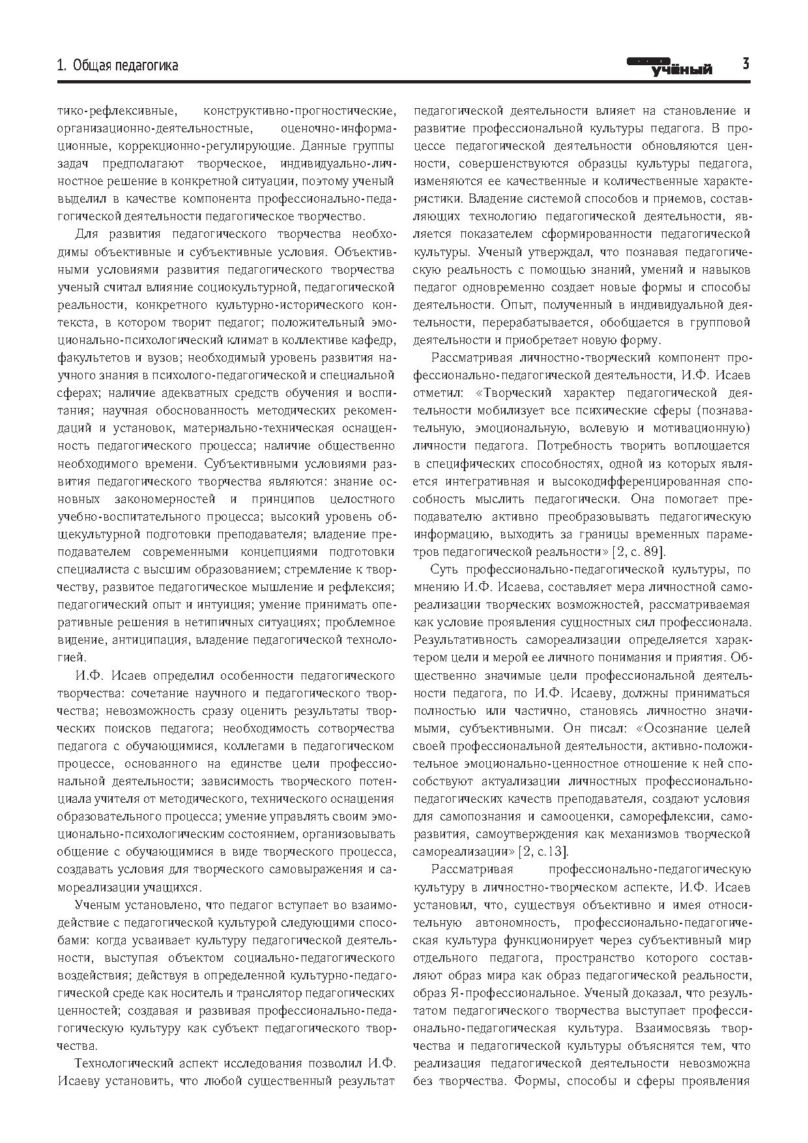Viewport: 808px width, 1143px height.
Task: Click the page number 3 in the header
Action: coord(745,64)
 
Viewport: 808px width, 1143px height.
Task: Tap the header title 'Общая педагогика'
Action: coord(125,65)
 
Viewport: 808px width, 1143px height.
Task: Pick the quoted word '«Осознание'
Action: coord(671,728)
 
